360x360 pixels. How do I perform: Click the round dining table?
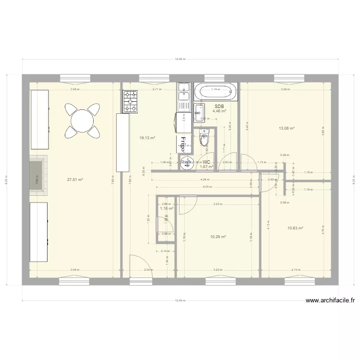[83, 118]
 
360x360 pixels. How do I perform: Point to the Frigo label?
[182, 141]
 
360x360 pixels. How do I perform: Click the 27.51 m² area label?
[75, 180]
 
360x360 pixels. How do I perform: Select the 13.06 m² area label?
[287, 129]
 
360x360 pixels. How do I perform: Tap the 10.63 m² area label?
[295, 228]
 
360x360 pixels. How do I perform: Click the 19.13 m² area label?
[147, 138]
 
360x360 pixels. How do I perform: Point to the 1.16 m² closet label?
[167, 209]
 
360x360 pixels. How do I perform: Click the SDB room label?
[219, 107]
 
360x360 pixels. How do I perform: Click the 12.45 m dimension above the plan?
[179, 59]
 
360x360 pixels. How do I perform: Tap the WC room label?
[207, 162]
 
